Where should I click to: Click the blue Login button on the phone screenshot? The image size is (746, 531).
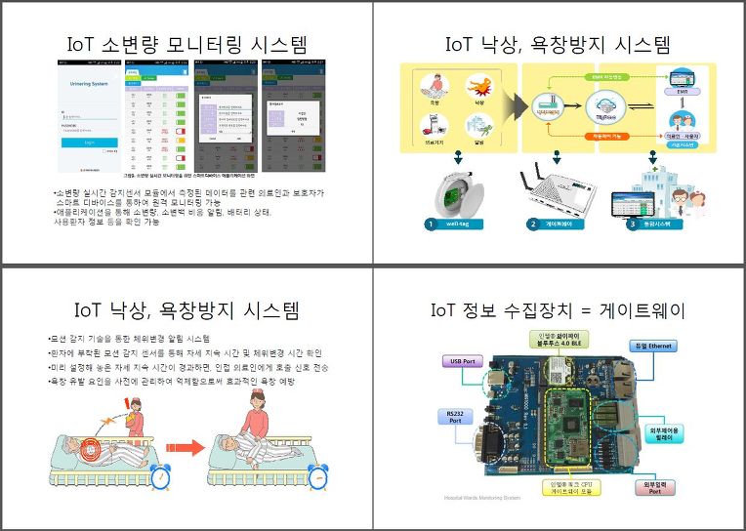(x=89, y=142)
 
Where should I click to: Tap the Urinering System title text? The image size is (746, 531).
(x=89, y=84)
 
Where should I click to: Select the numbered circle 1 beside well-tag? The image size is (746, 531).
(x=430, y=225)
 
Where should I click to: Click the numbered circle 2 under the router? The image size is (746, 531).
(x=532, y=225)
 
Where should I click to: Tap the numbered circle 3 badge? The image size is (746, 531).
(x=632, y=225)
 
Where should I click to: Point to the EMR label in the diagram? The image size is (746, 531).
(x=683, y=92)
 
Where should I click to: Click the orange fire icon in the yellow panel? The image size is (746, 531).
(x=478, y=86)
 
